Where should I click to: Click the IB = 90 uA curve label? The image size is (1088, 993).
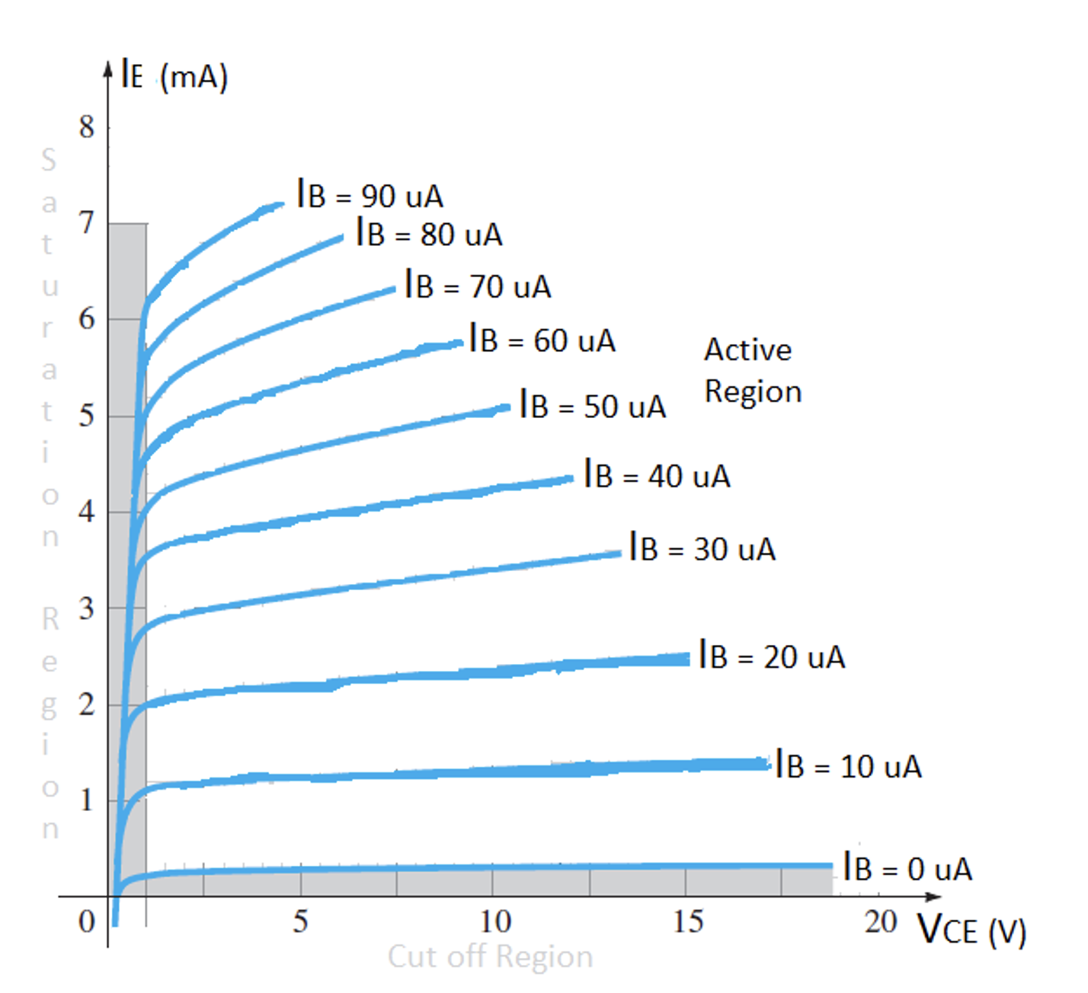(370, 195)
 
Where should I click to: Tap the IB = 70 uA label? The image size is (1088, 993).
(478, 286)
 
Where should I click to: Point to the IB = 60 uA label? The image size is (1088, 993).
(542, 340)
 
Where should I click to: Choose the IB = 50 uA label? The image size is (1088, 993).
(592, 405)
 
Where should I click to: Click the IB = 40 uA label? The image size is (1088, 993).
(657, 475)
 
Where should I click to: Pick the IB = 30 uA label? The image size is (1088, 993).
(702, 548)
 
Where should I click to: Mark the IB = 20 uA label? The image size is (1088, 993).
(772, 656)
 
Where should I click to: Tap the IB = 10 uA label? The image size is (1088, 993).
(848, 765)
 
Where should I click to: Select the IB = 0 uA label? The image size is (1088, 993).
(907, 868)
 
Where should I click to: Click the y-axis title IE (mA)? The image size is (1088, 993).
(174, 77)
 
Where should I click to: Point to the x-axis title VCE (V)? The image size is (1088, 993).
(971, 930)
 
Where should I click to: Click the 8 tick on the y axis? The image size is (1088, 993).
(87, 127)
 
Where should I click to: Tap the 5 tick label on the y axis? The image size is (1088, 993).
(87, 416)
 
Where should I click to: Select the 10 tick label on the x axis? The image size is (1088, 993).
(494, 922)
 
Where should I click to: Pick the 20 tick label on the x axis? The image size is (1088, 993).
(880, 922)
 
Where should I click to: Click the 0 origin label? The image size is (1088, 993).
(87, 922)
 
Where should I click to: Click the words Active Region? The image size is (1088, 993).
(752, 370)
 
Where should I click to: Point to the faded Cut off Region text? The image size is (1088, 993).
(490, 956)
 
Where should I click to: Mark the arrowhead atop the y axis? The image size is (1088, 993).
(108, 69)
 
